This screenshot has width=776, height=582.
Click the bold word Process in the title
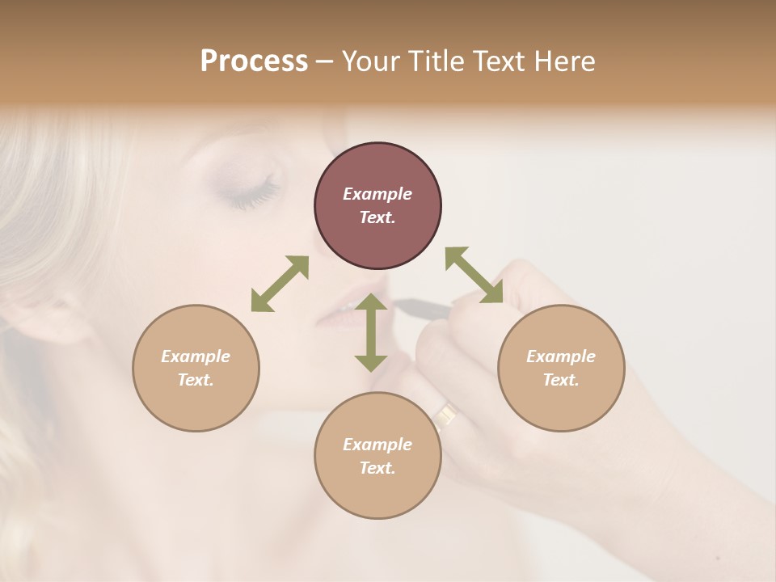254,61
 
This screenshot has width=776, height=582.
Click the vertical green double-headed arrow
371,332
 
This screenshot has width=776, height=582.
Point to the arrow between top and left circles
280,284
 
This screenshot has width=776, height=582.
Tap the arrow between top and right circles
474,275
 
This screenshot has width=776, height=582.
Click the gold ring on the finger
445,415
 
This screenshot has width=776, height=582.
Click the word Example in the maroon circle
377,194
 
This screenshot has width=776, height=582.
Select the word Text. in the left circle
196,380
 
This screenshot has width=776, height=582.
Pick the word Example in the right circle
561,356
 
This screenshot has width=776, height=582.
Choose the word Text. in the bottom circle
377,468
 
